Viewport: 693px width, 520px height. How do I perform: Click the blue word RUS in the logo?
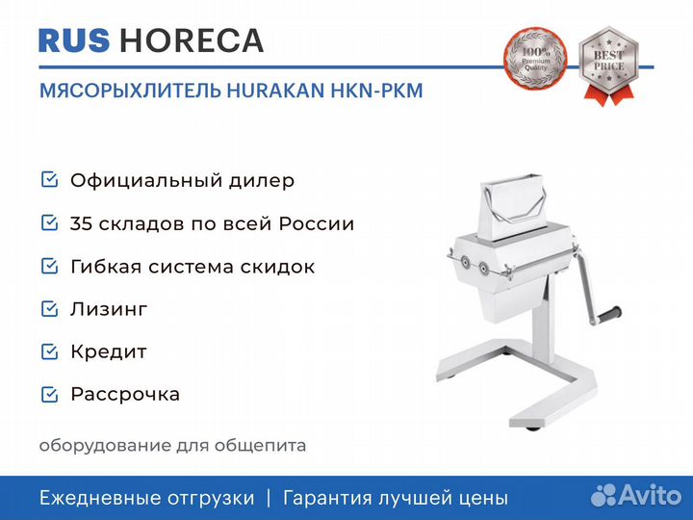point(74,40)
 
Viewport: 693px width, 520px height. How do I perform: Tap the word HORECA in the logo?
point(192,40)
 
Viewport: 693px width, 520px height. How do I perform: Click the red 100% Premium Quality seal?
point(535,59)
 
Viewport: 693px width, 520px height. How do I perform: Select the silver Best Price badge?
point(608,65)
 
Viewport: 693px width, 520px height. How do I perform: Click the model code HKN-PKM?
point(377,91)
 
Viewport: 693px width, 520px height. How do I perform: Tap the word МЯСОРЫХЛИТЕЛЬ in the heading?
point(130,91)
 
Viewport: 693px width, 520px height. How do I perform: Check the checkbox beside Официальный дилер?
point(49,179)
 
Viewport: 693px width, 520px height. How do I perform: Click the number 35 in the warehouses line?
point(81,223)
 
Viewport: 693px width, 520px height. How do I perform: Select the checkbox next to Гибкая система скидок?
point(49,266)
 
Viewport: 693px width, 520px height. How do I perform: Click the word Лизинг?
point(109,309)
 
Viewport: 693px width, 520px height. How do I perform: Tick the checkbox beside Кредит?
point(49,351)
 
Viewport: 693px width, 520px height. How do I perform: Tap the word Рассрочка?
point(125,395)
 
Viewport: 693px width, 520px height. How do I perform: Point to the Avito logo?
point(636,495)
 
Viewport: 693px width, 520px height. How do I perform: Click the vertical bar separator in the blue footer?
point(269,498)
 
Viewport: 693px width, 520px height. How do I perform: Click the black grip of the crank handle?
point(609,314)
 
